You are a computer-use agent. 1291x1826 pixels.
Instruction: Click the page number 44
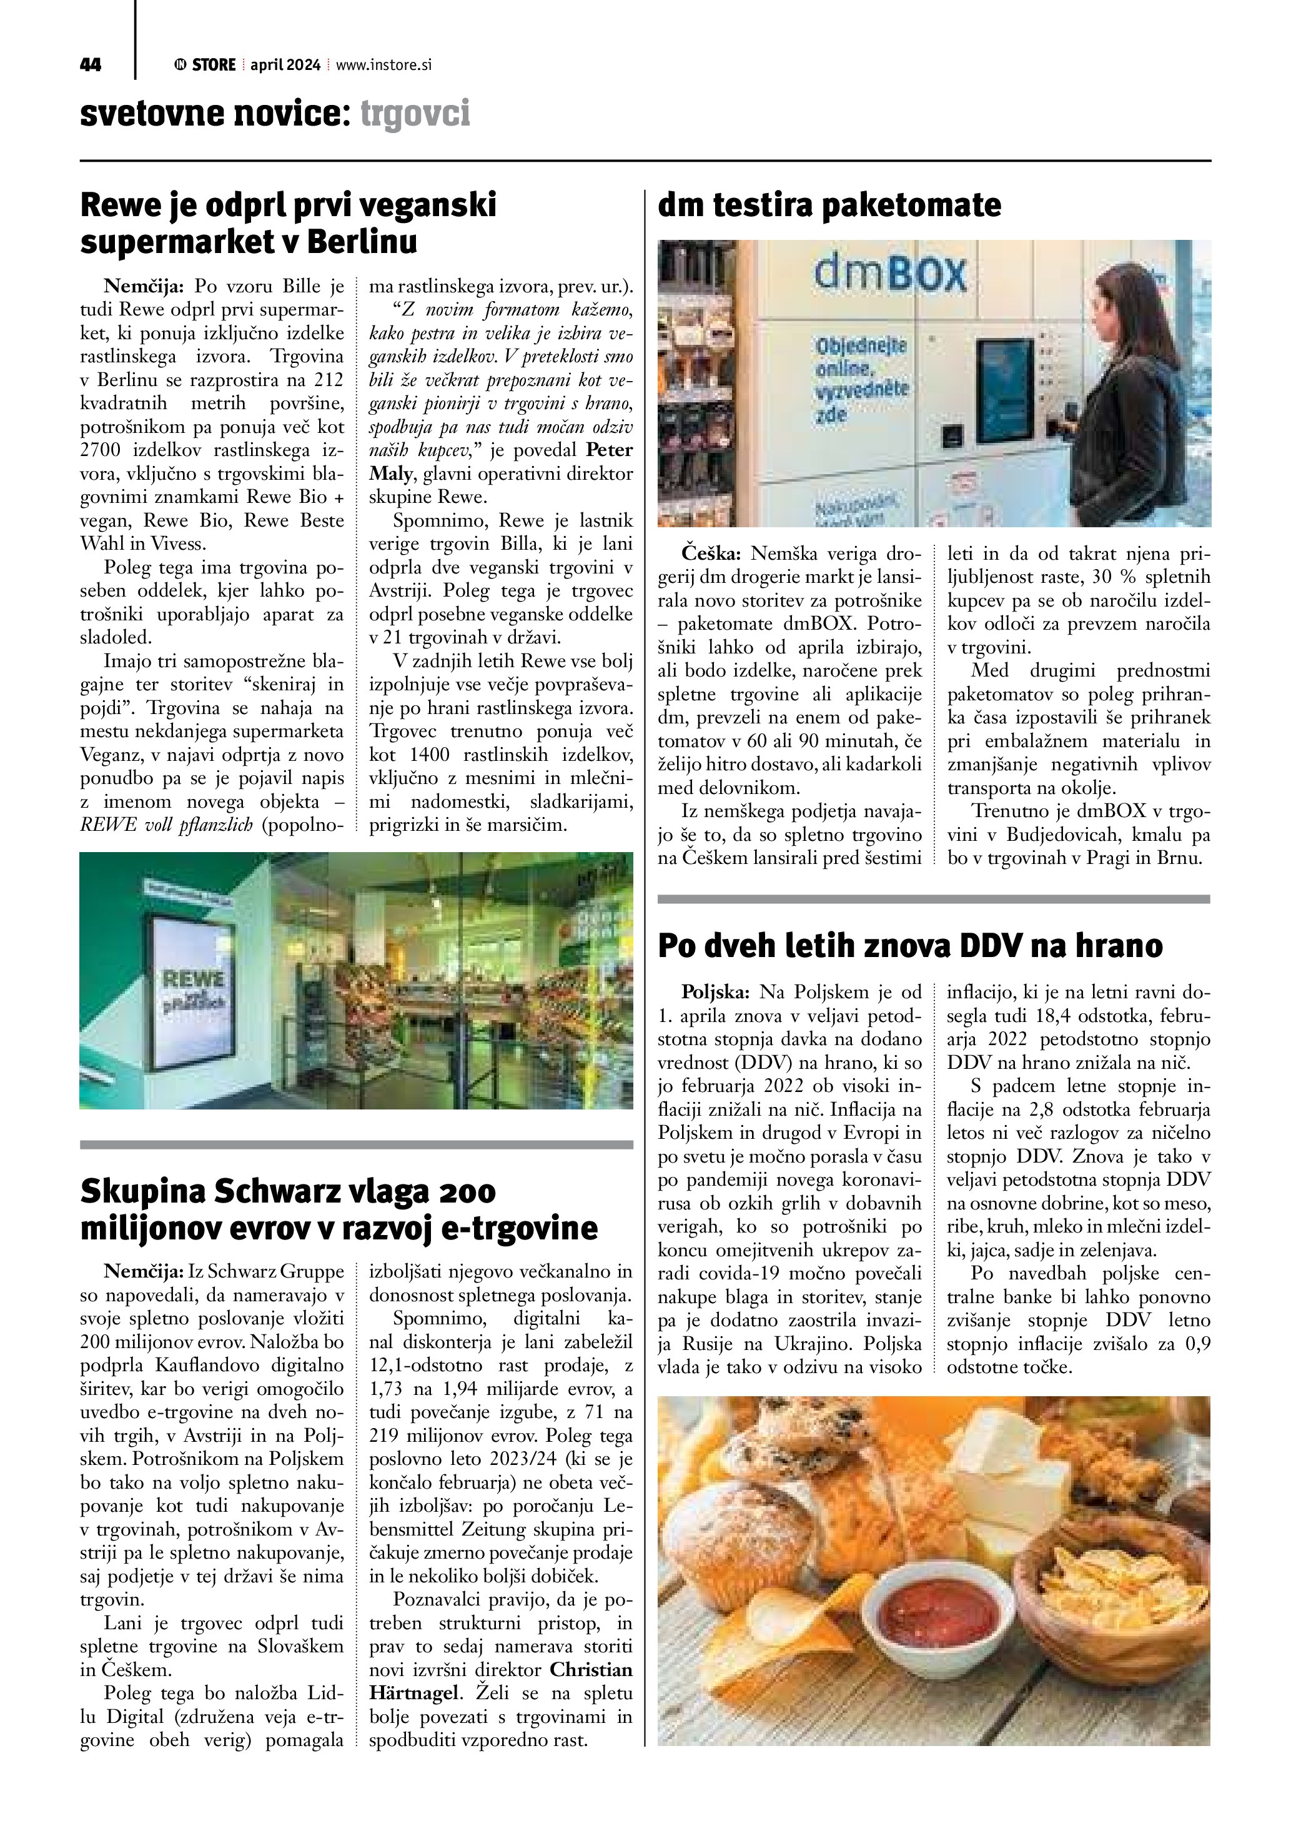(x=91, y=65)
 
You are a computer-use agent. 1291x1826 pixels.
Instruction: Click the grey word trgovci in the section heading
(x=415, y=114)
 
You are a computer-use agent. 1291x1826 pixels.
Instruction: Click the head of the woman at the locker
(x=1122, y=292)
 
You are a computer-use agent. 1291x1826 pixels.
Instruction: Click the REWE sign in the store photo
(x=193, y=978)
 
